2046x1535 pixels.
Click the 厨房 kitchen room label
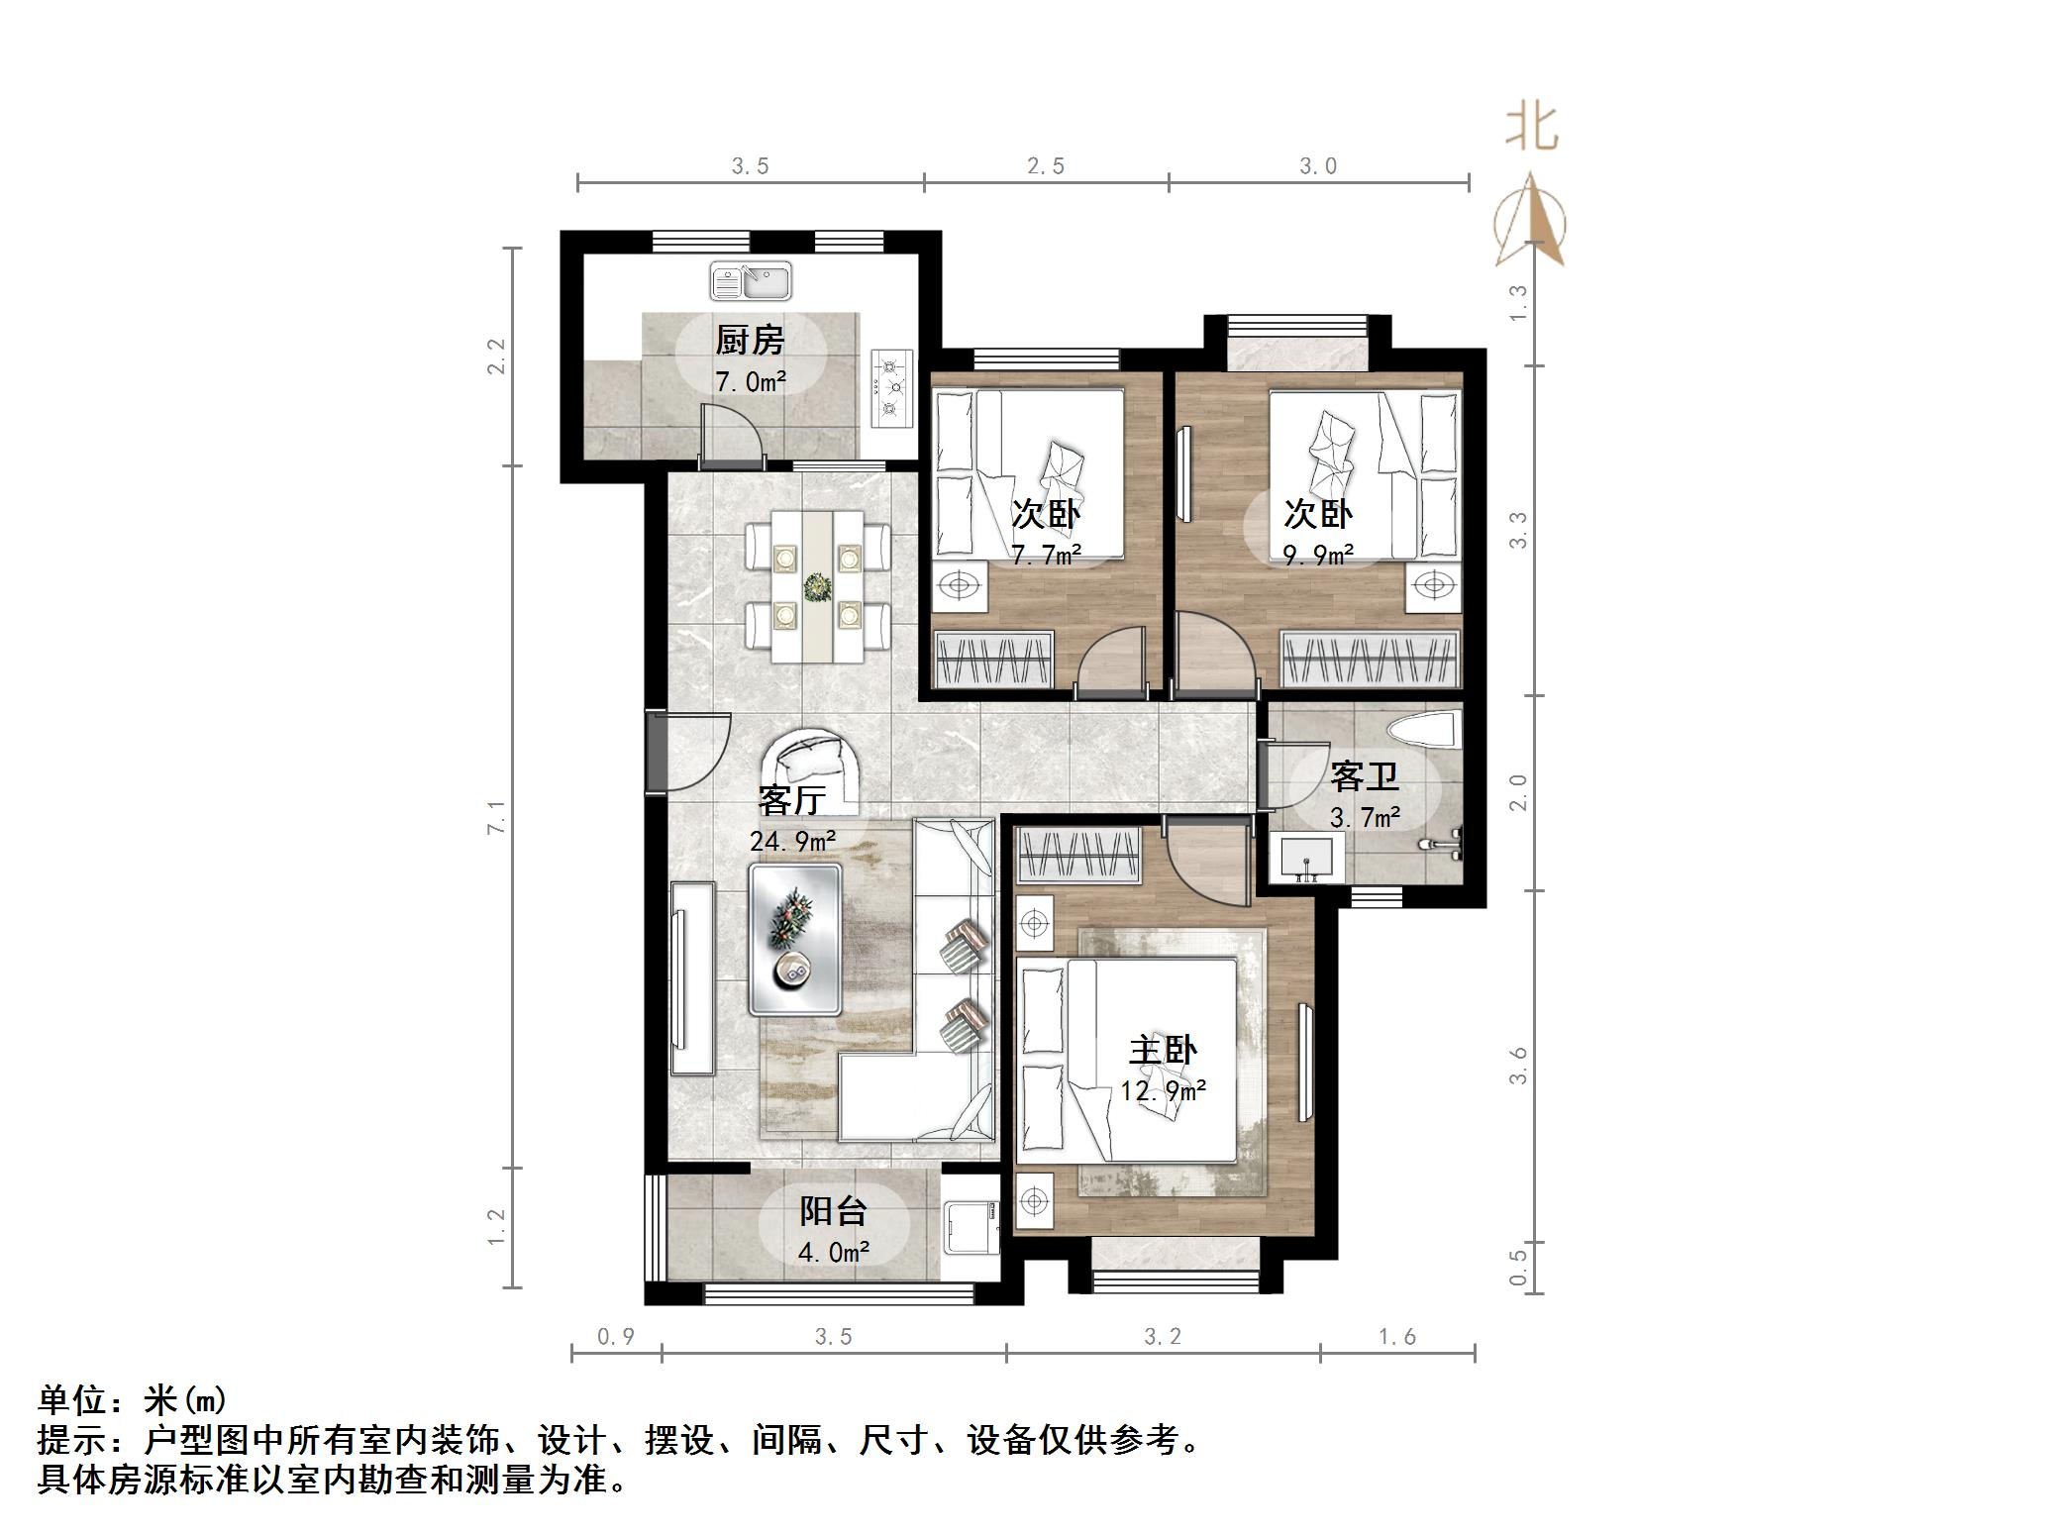coord(750,341)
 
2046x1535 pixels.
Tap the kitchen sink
coord(751,281)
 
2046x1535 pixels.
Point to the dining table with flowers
coord(817,586)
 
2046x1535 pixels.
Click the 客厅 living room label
coord(792,798)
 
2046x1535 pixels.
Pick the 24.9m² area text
coord(792,842)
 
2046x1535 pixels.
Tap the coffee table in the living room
coord(795,939)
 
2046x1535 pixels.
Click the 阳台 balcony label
coord(833,1211)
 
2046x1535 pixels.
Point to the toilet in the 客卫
coord(1424,731)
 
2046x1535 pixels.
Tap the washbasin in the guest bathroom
coord(1307,858)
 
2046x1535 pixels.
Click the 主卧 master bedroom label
coord(1164,1050)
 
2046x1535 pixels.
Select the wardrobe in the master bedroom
coord(1079,856)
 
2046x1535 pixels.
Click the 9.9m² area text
coord(1318,556)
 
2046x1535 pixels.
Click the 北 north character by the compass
coord(1531,129)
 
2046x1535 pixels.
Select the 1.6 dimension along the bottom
coord(1397,1338)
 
